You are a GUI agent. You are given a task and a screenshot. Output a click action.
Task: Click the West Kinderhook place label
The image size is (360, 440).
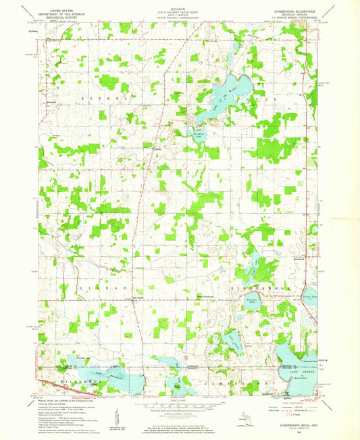(x=205, y=295)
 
